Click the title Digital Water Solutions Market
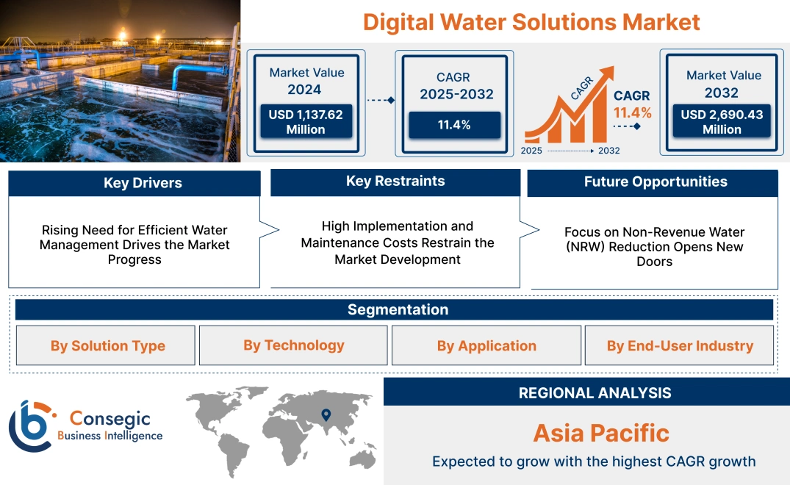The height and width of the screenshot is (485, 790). coord(531,21)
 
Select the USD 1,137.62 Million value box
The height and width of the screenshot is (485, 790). coord(306,122)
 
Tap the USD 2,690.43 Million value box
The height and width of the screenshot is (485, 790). coord(722,122)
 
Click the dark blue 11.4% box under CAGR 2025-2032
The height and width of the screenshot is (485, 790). coord(454,125)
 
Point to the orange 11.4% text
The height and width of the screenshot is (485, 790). coord(633,112)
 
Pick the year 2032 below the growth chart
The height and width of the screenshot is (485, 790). coord(608,151)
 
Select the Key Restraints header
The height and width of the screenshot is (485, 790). coord(395,182)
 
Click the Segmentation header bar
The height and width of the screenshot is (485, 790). coord(398,309)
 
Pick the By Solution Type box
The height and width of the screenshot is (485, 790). coord(107,345)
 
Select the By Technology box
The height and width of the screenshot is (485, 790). coord(294,345)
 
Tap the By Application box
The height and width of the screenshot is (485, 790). coord(486,345)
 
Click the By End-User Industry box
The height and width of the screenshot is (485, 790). coord(680,345)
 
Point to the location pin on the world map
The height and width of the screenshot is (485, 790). coord(326,417)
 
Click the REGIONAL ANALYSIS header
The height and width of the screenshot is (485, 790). coord(595,392)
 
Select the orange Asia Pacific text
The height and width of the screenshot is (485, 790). coord(600,433)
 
